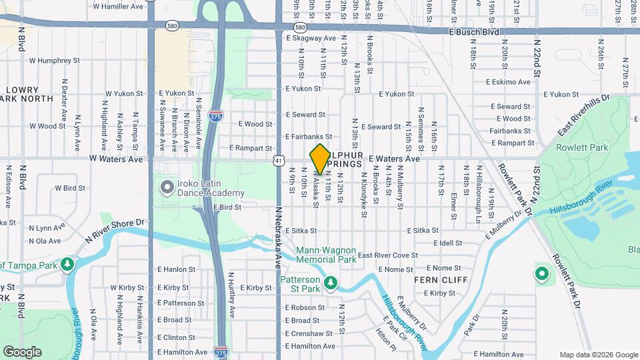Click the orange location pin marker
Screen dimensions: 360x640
coord(320,159)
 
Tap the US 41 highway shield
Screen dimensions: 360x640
coord(278,160)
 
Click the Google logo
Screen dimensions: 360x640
coord(22,351)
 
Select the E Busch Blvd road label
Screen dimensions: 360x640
coord(473,31)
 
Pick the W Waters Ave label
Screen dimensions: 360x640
coord(117,159)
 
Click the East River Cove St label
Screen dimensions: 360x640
coord(387,255)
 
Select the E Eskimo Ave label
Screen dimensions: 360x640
coord(508,82)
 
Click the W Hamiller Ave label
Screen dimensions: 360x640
coord(118,6)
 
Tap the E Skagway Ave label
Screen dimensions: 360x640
coord(311,39)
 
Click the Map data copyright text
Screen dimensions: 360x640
coord(598,355)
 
